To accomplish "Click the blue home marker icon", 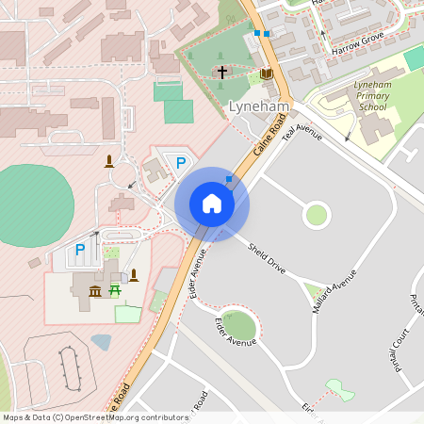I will pos(212,203).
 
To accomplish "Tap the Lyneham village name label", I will pos(258,107).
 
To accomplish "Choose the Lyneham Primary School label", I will pos(369,95).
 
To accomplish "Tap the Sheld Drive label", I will pos(267,259).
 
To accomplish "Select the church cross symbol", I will pos(222,73).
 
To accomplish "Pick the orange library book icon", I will pos(267,73).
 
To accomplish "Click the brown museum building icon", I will pos(95,292).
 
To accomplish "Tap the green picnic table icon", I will pos(116,292).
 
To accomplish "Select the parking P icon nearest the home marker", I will pos(180,163).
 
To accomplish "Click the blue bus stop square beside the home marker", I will pos(228,178).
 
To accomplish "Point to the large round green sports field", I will pos(33,204).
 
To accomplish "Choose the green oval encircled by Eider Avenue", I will pos(239,326).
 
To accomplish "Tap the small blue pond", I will pos(101,342).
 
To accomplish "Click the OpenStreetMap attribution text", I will pos(95,417).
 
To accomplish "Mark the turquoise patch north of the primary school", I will pos(415,57).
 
